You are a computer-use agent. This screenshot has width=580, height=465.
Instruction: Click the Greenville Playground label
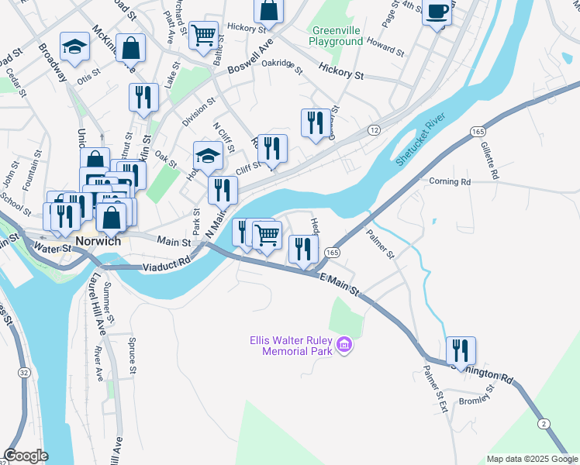coord(336,36)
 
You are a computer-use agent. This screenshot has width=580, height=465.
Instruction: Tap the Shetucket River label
coord(427,139)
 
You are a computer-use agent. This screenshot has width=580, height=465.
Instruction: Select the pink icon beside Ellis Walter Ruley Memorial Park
coord(344,345)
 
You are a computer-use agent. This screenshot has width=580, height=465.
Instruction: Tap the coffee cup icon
coord(437,12)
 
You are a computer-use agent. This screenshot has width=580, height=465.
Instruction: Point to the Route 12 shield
coord(374,130)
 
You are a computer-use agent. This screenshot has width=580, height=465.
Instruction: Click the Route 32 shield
coord(25,372)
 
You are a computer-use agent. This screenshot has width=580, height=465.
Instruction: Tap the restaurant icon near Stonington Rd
coord(461,350)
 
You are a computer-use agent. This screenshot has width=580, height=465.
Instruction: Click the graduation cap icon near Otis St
coord(74,48)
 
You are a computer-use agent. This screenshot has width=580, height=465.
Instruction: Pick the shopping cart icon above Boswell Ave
coord(203,35)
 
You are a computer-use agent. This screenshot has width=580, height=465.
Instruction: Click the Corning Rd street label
coord(450,181)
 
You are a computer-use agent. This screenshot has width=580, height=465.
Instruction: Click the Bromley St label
coord(475,401)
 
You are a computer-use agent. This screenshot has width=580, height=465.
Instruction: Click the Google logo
coord(26,456)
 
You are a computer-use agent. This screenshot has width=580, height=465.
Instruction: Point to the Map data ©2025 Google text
coord(531,459)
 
